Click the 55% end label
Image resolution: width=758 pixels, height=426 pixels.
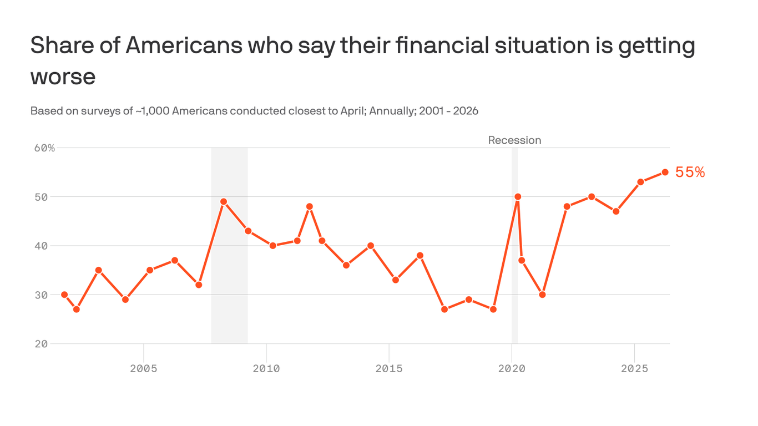tap(690, 173)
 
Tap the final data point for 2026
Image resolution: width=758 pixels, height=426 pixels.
tap(665, 172)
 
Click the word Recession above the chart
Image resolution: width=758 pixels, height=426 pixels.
tap(514, 140)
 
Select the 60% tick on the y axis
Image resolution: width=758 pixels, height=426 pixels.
tap(44, 148)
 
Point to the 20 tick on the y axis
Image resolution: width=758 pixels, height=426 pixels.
tap(42, 344)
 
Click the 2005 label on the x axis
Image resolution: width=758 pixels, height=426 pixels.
tap(144, 369)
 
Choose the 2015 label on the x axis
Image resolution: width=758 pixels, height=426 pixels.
tap(389, 369)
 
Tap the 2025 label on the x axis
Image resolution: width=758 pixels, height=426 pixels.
tap(634, 369)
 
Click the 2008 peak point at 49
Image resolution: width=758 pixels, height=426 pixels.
tap(224, 202)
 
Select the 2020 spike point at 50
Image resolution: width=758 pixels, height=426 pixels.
tap(518, 197)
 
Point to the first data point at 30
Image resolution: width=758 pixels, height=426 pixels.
tap(64, 295)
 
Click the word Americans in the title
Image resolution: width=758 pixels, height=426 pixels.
tap(184, 45)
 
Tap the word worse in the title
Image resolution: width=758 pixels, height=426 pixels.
tap(63, 77)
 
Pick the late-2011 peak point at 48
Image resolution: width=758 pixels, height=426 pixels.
tap(310, 206)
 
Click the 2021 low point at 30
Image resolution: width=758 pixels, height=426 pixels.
tap(542, 295)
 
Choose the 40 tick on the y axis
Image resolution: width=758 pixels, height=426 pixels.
tap(42, 246)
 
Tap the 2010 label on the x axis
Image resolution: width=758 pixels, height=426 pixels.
tap(266, 369)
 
